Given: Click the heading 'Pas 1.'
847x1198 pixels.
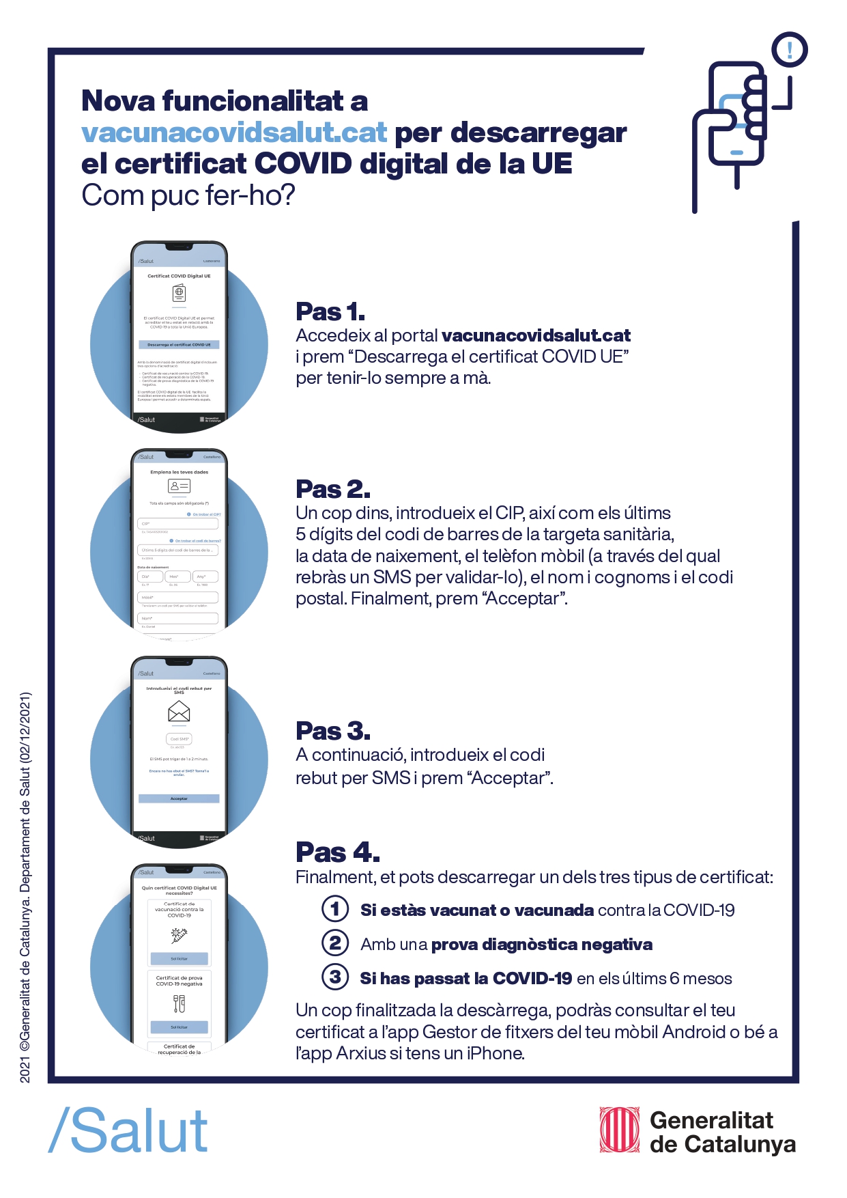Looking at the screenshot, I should point(330,311).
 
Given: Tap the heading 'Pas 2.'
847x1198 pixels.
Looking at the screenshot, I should point(333,489).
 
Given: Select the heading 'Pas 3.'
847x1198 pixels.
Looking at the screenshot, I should point(333,731).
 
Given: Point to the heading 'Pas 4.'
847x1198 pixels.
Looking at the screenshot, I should point(337,852).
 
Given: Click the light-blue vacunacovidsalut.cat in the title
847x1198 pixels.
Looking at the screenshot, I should point(234,132).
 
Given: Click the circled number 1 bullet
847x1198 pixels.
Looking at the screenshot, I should point(335,909).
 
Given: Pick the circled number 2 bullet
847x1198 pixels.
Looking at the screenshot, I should point(335,943).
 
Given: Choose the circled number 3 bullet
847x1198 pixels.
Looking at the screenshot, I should point(335,977).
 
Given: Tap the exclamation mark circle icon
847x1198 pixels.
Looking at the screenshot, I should point(790,50).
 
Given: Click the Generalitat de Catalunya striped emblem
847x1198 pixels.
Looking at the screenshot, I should point(619,1130).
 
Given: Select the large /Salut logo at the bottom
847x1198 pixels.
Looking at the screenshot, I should point(128,1131).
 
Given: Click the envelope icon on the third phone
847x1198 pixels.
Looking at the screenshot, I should point(179,712).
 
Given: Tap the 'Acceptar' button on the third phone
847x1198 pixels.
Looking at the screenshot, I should point(179,798).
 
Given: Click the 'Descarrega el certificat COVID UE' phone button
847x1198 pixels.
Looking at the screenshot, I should point(179,345).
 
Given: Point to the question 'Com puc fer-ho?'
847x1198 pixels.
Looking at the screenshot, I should point(188,195).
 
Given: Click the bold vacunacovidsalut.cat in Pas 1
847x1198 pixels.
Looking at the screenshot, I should point(536,335).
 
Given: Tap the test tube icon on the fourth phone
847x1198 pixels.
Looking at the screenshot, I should point(179,1003).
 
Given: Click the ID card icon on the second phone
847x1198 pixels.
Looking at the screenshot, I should point(179,486).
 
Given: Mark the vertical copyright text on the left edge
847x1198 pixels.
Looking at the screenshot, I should point(25,887).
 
